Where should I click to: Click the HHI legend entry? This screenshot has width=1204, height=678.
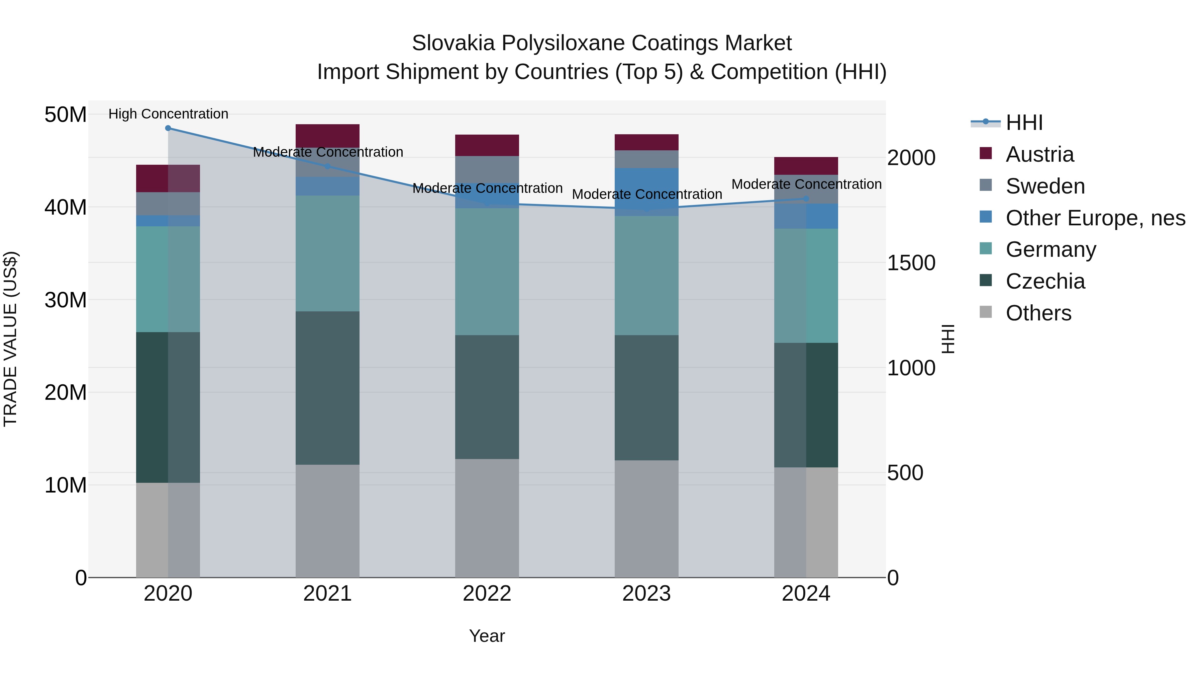[1024, 123]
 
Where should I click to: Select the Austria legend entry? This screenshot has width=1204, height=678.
[1039, 154]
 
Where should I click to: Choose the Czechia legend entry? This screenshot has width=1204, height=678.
[1045, 281]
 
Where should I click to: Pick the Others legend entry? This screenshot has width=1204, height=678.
[1038, 313]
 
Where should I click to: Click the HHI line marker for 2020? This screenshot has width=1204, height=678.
[168, 128]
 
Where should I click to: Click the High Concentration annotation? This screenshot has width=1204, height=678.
[168, 114]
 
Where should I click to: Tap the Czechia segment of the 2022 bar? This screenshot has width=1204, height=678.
[487, 397]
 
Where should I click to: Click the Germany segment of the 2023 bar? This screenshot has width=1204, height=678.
[646, 275]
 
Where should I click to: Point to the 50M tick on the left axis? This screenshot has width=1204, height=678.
[66, 115]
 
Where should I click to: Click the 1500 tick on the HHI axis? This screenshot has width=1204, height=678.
[911, 263]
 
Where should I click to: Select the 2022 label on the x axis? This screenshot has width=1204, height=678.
[487, 594]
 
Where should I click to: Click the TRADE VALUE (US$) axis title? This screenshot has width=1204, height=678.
[10, 339]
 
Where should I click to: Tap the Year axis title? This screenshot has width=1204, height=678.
[487, 636]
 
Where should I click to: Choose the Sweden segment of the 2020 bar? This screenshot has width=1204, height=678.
[168, 204]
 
